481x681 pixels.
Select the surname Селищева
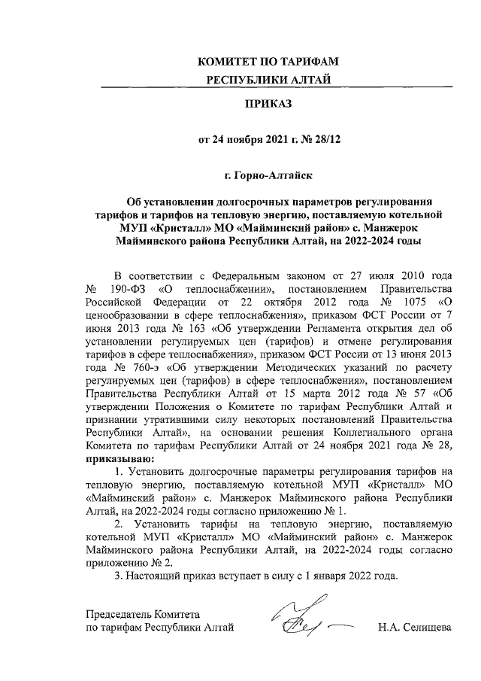423,627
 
